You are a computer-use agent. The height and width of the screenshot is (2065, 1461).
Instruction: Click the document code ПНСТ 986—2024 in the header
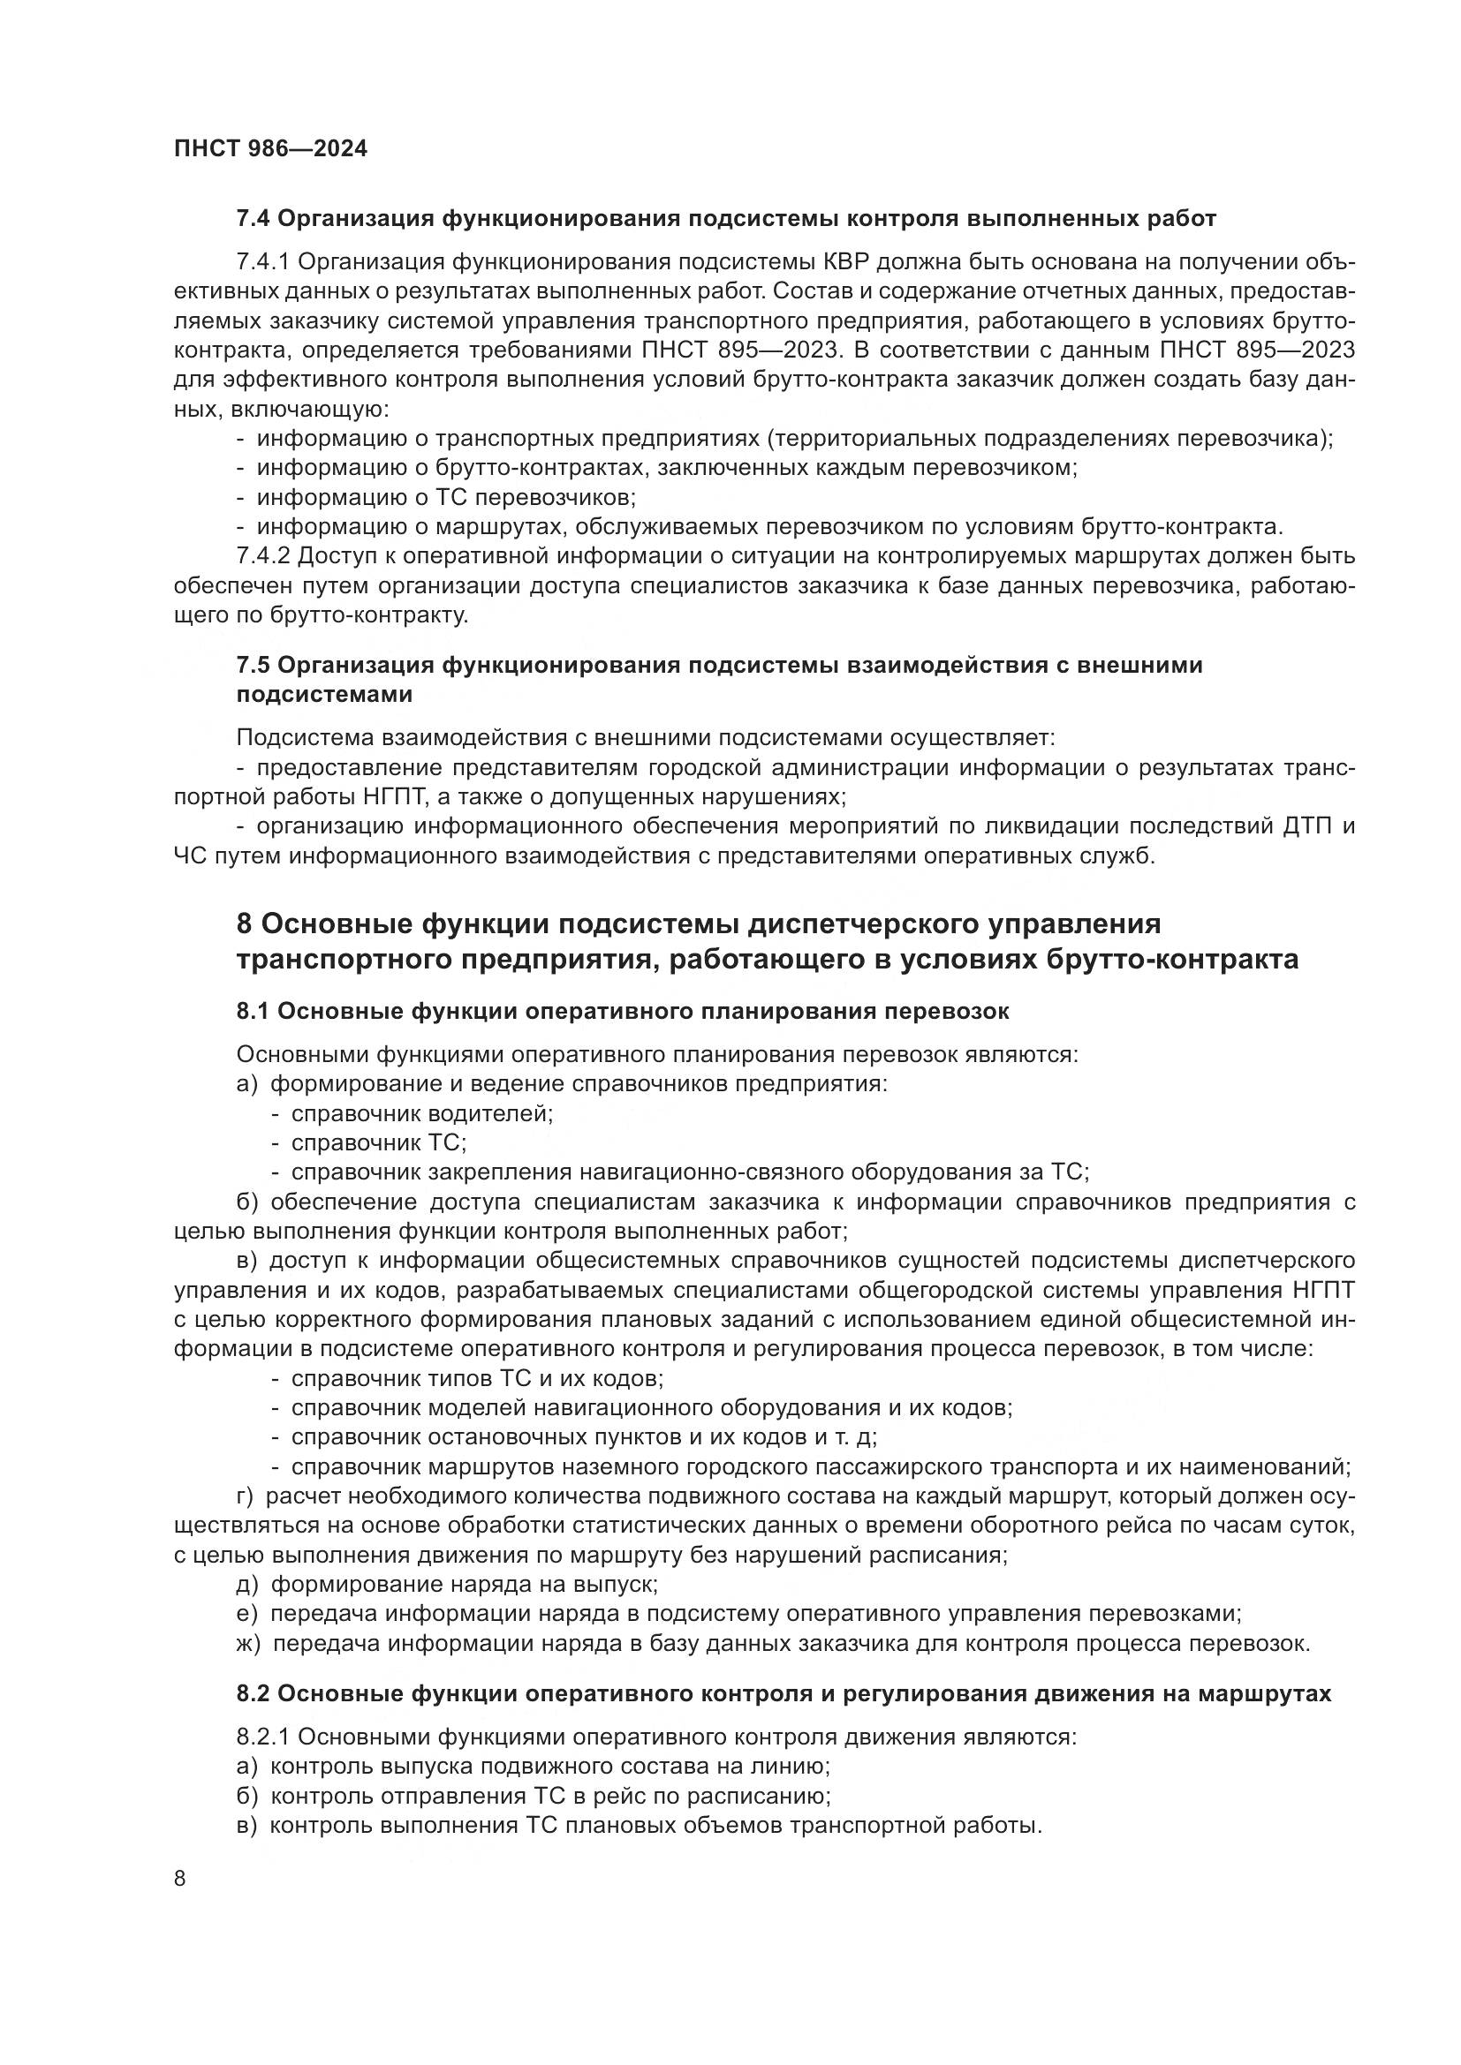pyautogui.click(x=271, y=149)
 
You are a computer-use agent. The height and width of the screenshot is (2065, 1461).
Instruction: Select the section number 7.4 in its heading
pyautogui.click(x=253, y=219)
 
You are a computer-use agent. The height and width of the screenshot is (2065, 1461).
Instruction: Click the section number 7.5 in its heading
pyautogui.click(x=253, y=665)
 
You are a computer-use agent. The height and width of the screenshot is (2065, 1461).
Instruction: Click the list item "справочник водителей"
pyautogui.click(x=421, y=1113)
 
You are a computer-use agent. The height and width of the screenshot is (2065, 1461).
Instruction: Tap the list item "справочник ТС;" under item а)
pyautogui.click(x=378, y=1143)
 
